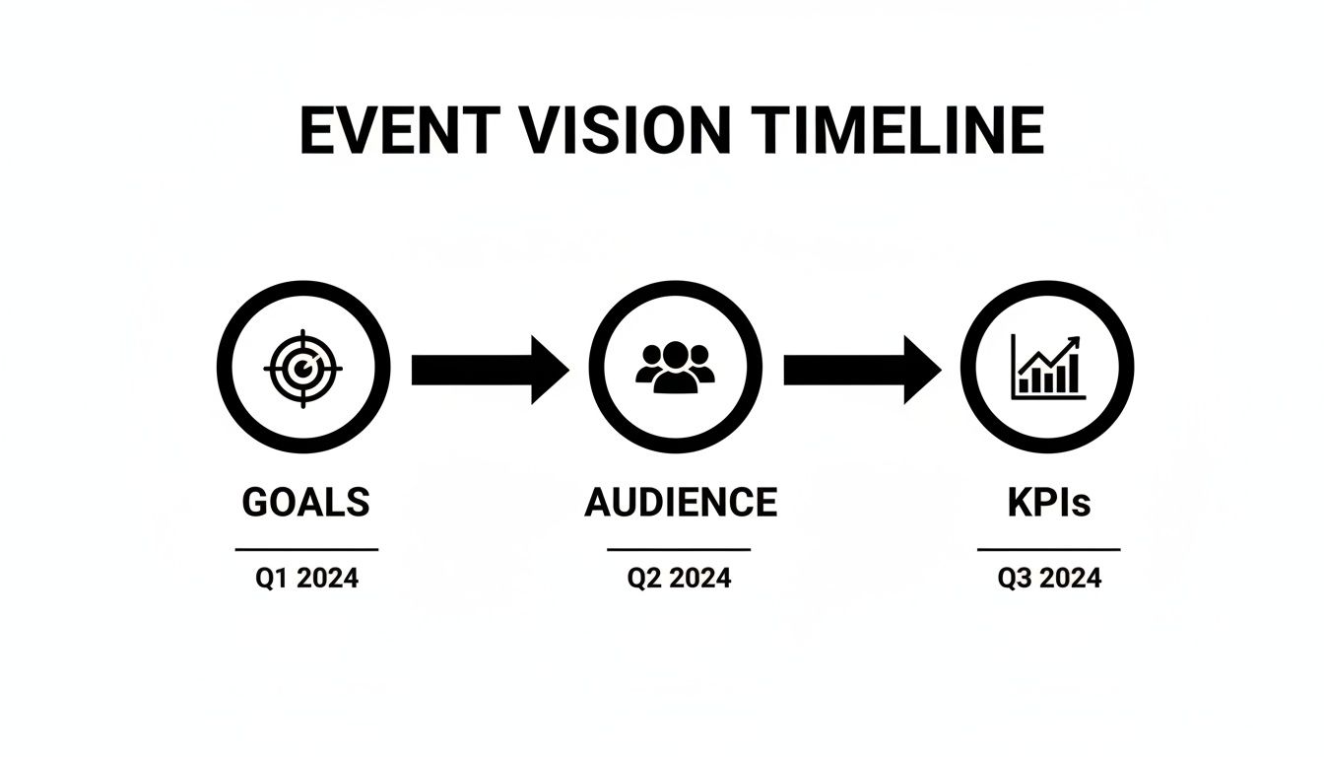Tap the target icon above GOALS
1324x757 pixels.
(x=303, y=368)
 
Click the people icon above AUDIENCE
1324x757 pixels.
(x=675, y=368)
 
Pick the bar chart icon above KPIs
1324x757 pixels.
(x=1047, y=368)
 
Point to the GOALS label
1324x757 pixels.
(x=305, y=503)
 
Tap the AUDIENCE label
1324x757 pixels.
(x=681, y=503)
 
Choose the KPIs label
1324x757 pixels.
(x=1049, y=503)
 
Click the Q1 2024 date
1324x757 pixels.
(x=307, y=579)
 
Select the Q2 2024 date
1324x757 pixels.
(x=680, y=579)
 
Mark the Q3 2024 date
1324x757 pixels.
(x=1049, y=579)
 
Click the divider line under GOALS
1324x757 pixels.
(x=306, y=549)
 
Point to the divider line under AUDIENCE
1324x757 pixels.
(x=679, y=549)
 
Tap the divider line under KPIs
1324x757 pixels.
(x=1049, y=549)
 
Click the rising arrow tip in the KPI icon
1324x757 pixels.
(x=1074, y=342)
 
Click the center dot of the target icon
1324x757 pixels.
(x=304, y=369)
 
